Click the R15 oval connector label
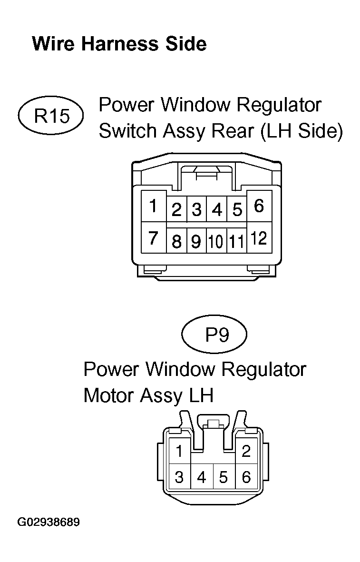pos(50,116)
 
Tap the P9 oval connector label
pos(214,335)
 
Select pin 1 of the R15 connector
pos(154,206)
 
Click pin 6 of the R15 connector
pos(259,206)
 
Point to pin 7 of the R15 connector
pos(154,237)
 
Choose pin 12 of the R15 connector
pos(259,237)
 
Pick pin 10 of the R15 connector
pos(216,241)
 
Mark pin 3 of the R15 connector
pos(196,209)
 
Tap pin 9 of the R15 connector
pos(196,241)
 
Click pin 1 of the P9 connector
pos(179,451)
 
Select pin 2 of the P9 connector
pos(246,451)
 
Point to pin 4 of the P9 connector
pos(202,477)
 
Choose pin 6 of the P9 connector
pos(246,477)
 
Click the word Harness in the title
pos(120,44)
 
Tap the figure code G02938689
pos(49,522)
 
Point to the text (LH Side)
pos(302,131)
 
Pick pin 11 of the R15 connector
pos(236,241)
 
